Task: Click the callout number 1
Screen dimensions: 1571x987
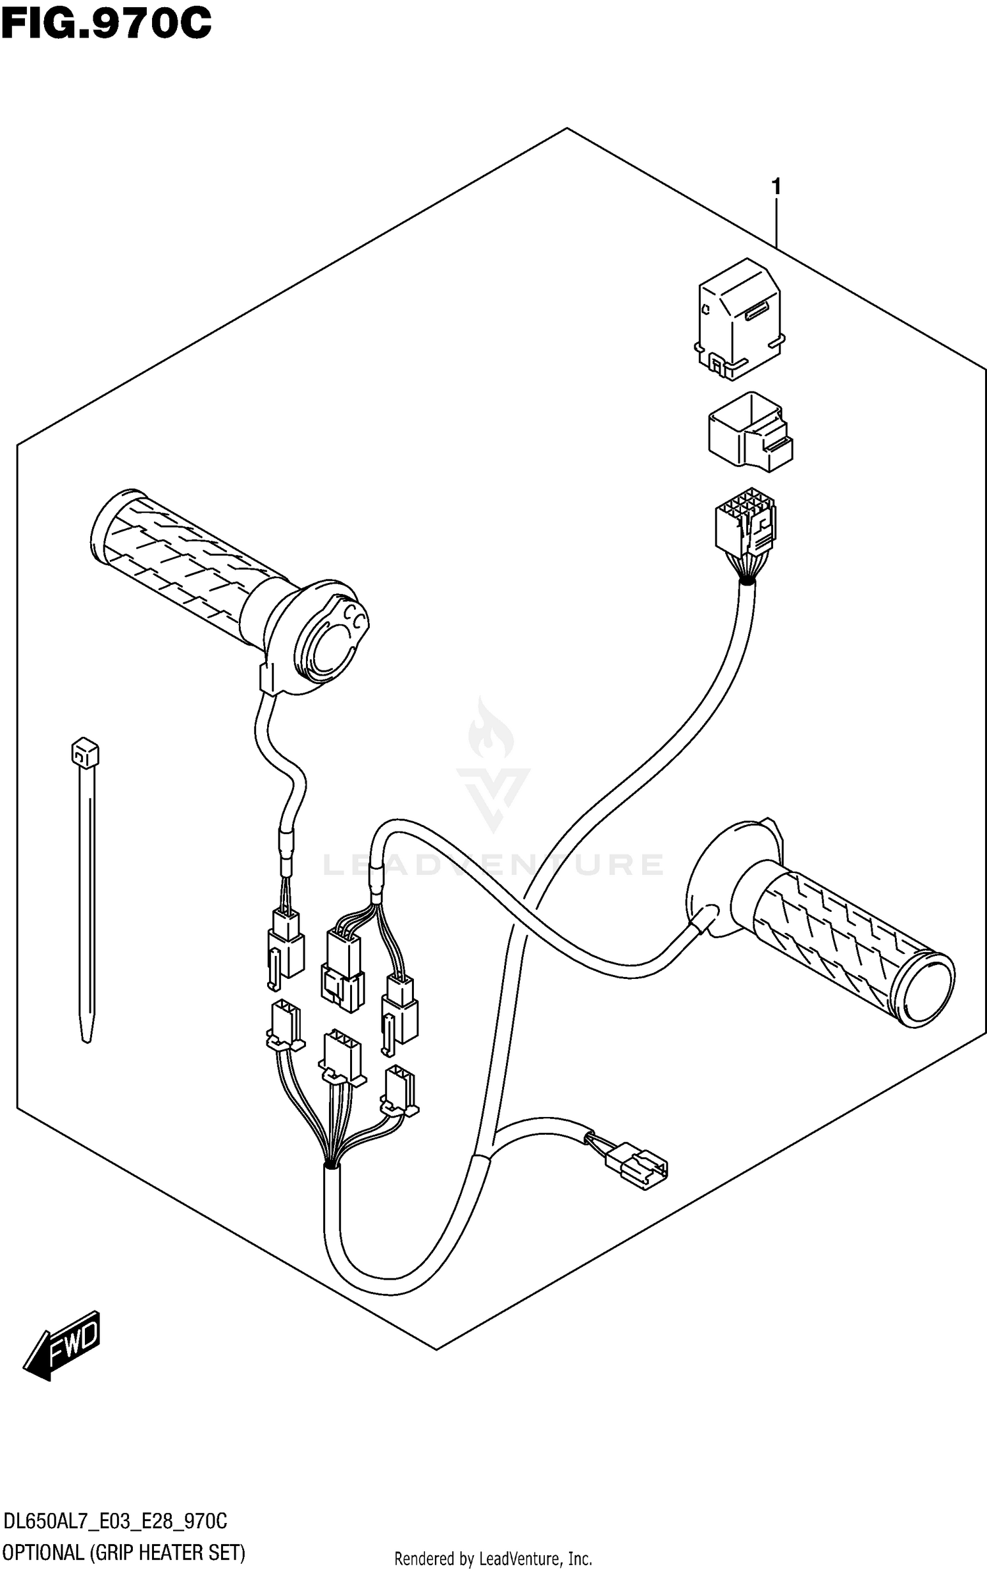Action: tap(776, 187)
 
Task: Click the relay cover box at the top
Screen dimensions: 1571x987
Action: tap(738, 318)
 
